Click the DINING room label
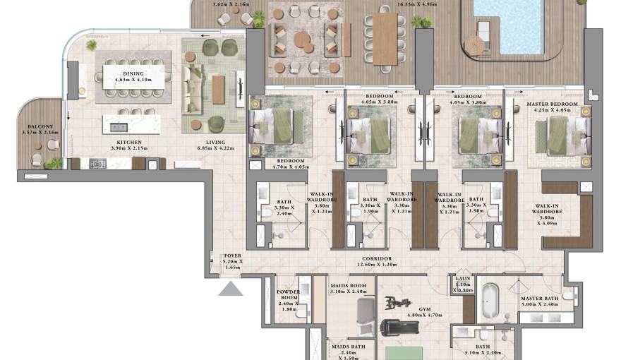pos(133,73)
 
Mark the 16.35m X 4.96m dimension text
pos(416,4)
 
